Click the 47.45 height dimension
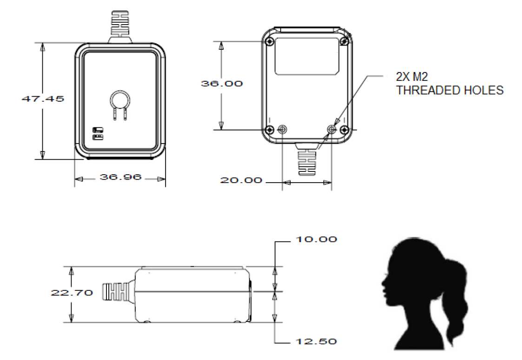pyautogui.click(x=43, y=99)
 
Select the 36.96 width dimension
pyautogui.click(x=120, y=177)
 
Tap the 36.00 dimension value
pyautogui.click(x=222, y=84)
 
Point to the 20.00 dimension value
pyautogui.click(x=241, y=180)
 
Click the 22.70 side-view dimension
pyautogui.click(x=72, y=293)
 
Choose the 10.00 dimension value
pyautogui.click(x=316, y=239)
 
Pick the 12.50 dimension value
pyautogui.click(x=316, y=341)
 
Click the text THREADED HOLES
pyautogui.click(x=450, y=90)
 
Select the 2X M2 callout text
pyautogui.click(x=412, y=77)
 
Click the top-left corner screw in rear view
pyautogui.click(x=270, y=42)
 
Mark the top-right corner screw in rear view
pyautogui.click(x=345, y=42)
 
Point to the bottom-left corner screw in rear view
pyautogui.click(x=270, y=130)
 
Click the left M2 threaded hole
pyautogui.click(x=282, y=130)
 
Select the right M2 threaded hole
pyautogui.click(x=332, y=130)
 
